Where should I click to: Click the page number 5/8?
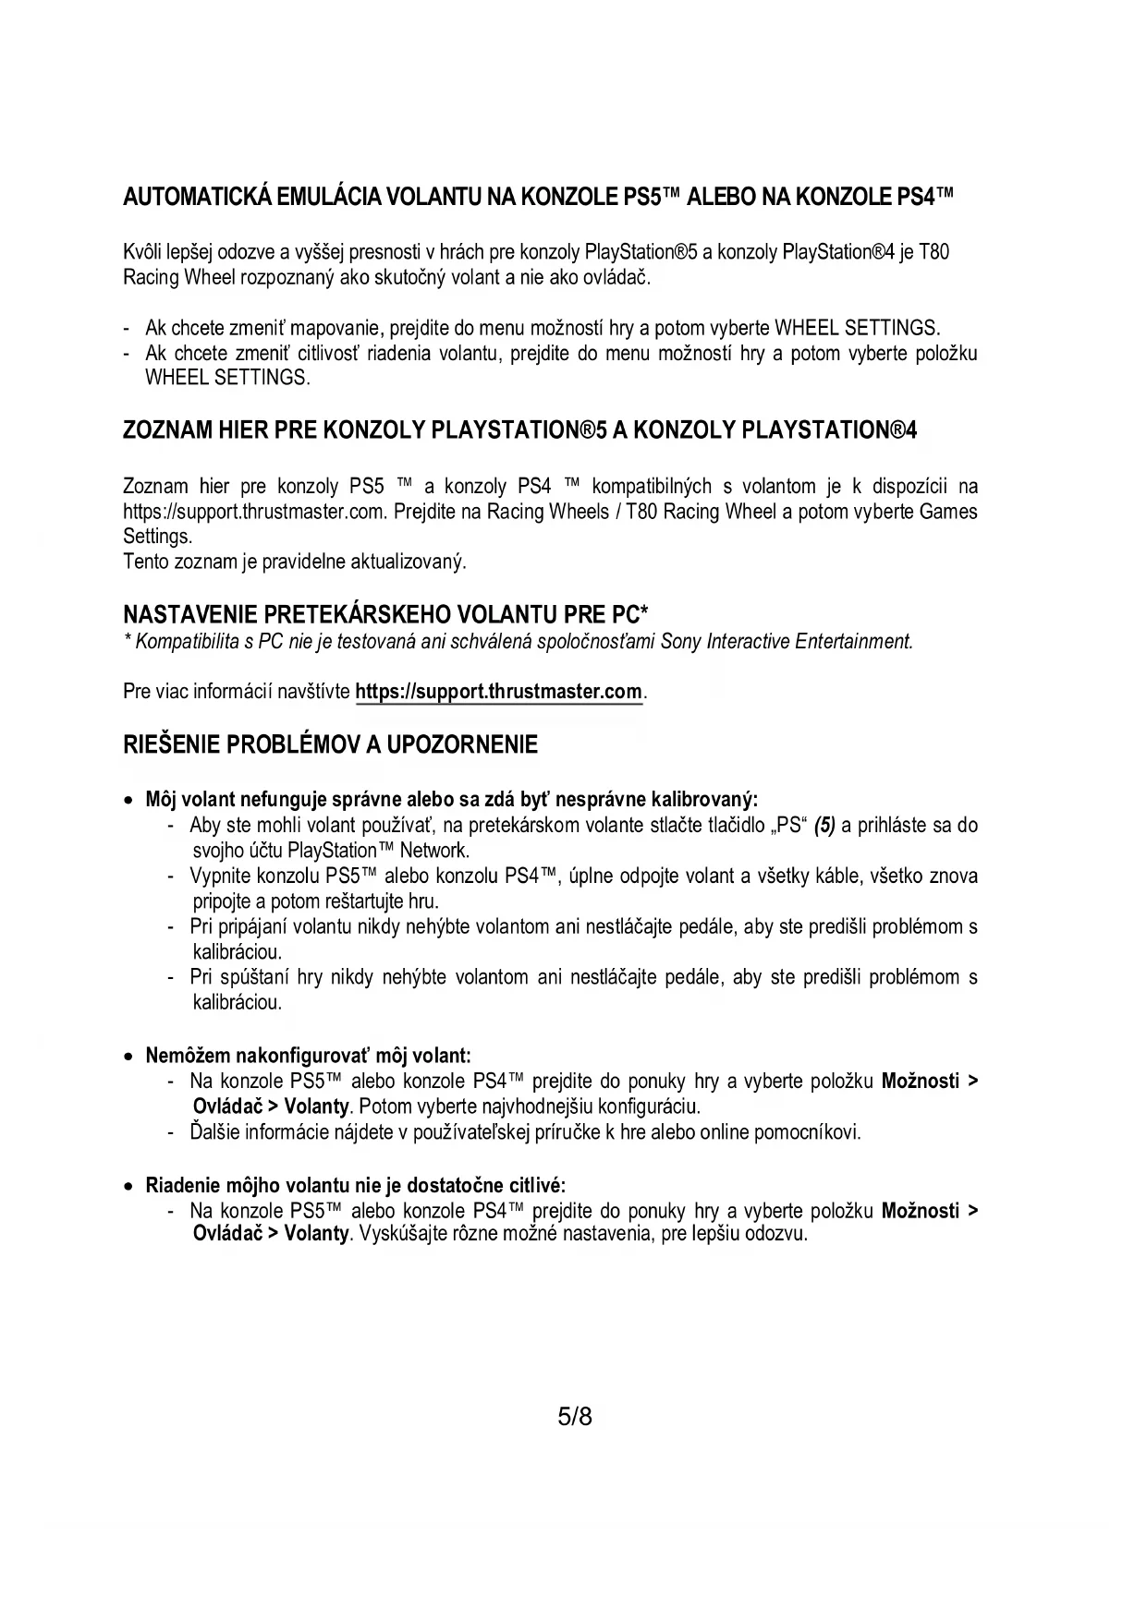[x=574, y=1416]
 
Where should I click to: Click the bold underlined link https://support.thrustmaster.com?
[x=498, y=692]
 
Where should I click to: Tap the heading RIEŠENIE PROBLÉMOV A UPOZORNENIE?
[x=330, y=744]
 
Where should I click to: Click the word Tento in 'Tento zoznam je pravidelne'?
[x=143, y=562]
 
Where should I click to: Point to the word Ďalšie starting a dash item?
[x=214, y=1132]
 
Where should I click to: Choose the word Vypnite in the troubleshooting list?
[x=218, y=876]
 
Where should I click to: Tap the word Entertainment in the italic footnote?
[x=853, y=641]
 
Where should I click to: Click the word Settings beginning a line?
[x=156, y=537]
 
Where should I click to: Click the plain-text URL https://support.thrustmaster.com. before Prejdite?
[x=254, y=512]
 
